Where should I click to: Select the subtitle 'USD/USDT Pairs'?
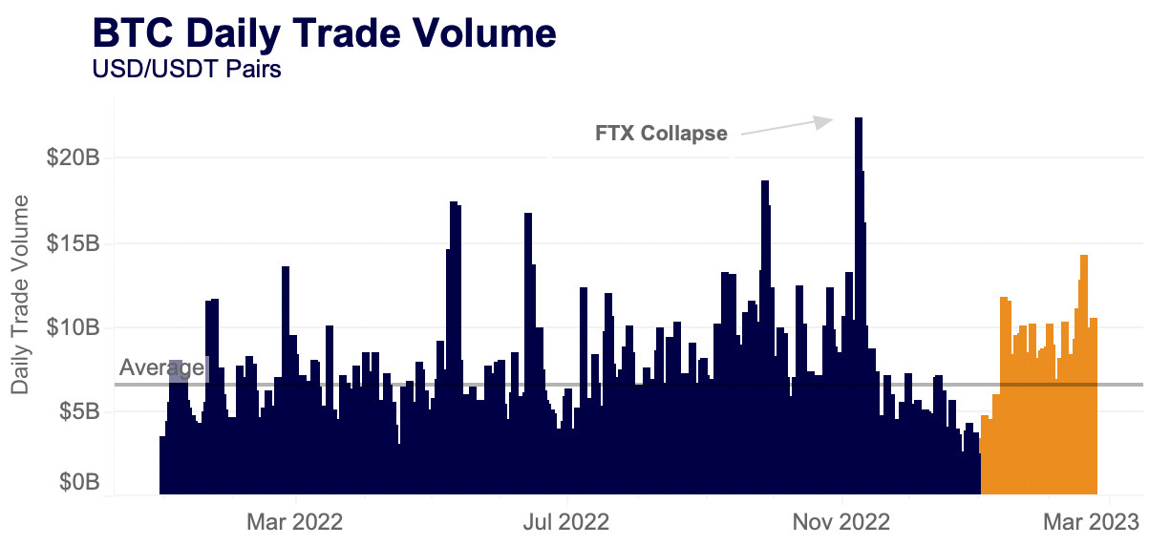[x=185, y=70]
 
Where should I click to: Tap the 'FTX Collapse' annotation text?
[x=661, y=134]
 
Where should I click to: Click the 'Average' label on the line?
[x=161, y=367]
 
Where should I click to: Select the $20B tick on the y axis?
[x=74, y=157]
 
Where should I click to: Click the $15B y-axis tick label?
[x=74, y=243]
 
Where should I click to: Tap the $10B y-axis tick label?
[x=74, y=327]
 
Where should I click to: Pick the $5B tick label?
[x=78, y=412]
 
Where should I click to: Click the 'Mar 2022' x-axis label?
[x=294, y=522]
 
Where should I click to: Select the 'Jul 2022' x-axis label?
[x=567, y=522]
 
